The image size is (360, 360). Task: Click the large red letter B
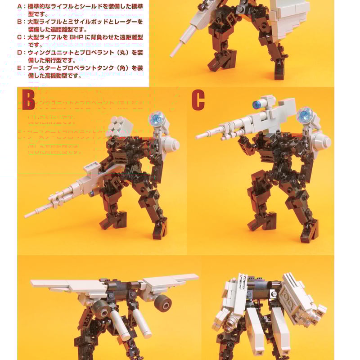28,100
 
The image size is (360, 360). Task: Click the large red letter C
198,100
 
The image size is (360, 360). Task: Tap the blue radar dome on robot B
157,118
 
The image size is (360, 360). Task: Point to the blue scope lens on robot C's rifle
257,105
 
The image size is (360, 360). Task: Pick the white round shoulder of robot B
171,144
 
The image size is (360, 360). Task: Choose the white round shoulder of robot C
322,141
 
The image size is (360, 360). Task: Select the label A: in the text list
20,7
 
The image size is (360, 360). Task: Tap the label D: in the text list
20,53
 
